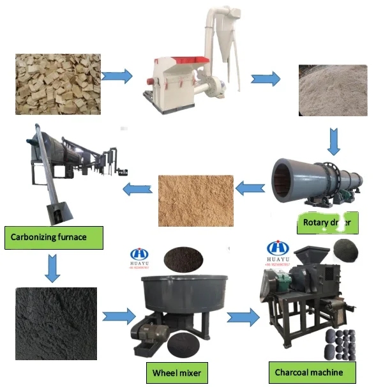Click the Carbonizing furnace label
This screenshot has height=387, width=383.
click(52, 238)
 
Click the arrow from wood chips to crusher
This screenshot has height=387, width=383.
click(117, 77)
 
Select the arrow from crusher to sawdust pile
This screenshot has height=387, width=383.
click(266, 79)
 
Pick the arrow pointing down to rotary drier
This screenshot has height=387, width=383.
click(333, 141)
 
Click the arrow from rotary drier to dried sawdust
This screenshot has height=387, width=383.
click(250, 188)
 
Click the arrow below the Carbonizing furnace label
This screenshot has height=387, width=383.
click(52, 268)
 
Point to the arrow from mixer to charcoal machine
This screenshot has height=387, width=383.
click(244, 315)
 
